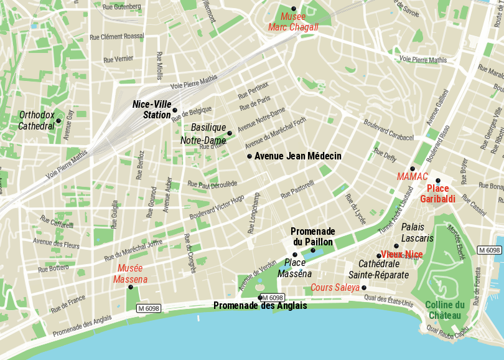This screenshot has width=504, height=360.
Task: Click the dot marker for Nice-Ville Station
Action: [x=175, y=110]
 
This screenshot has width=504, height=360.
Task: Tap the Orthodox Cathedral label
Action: [x=37, y=120]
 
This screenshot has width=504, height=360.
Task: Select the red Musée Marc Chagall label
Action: [x=293, y=22]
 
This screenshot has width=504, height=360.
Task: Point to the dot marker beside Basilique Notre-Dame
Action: [x=230, y=133]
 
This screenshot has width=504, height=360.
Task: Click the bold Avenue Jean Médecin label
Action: [x=298, y=156]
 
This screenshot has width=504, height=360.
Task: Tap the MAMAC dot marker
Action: [x=412, y=169]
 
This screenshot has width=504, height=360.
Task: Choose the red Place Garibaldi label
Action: [x=437, y=194]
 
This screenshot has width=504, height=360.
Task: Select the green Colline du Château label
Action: [x=445, y=310]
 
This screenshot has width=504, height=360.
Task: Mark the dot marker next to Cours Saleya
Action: [x=364, y=287]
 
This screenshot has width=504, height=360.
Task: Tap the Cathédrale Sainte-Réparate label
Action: [x=378, y=269]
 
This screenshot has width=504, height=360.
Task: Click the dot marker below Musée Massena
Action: [x=131, y=287]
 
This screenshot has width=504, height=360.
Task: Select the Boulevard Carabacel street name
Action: [x=389, y=130]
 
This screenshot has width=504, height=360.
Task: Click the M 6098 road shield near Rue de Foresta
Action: [x=489, y=250]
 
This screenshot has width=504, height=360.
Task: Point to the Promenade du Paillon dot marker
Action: [x=313, y=250]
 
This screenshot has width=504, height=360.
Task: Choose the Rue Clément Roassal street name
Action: [x=117, y=37]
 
